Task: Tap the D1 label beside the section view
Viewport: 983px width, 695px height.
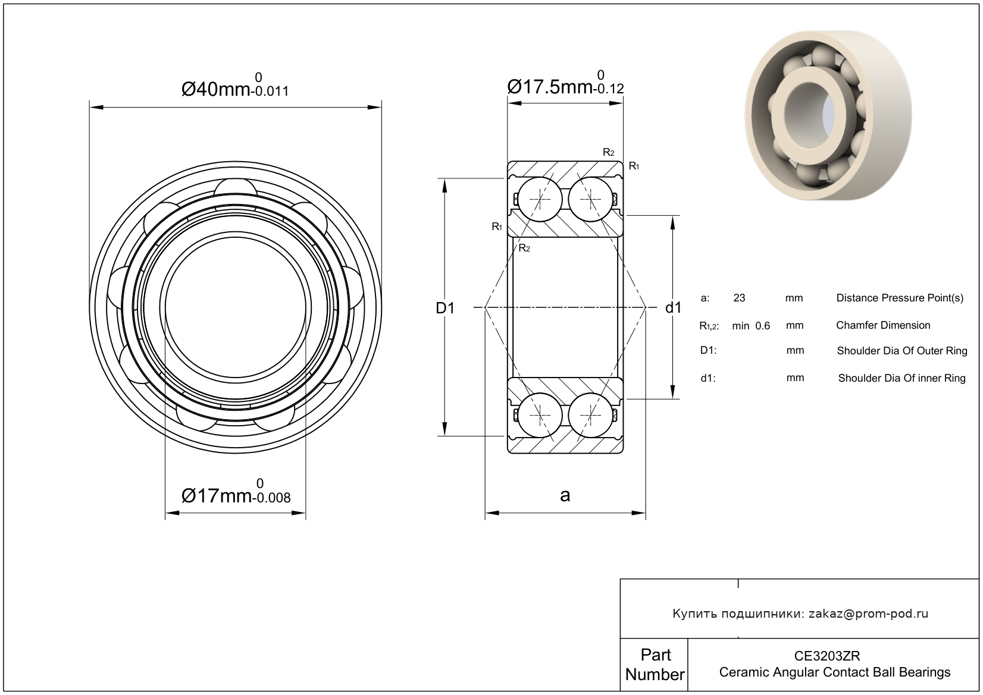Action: [445, 308]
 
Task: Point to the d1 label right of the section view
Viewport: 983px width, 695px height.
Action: [673, 308]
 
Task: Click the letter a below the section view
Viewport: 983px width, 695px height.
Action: [565, 495]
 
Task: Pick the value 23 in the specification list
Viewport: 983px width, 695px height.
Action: [740, 298]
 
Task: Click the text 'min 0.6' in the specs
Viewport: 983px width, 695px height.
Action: [751, 326]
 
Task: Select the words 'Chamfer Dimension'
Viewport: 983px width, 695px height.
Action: [883, 325]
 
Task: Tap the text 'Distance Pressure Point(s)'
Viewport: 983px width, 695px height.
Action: [900, 298]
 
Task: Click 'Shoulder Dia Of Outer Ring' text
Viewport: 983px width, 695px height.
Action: [902, 351]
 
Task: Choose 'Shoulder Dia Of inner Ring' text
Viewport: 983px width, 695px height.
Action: [902, 378]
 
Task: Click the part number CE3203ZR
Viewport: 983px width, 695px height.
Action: [827, 656]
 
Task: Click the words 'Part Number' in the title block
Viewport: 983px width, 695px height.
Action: [655, 665]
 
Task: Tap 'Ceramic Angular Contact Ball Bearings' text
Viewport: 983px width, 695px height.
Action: [835, 672]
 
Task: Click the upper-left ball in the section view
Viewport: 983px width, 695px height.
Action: [540, 200]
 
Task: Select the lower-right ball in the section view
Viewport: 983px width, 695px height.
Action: [591, 415]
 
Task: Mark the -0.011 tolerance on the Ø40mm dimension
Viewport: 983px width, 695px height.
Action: [270, 92]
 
